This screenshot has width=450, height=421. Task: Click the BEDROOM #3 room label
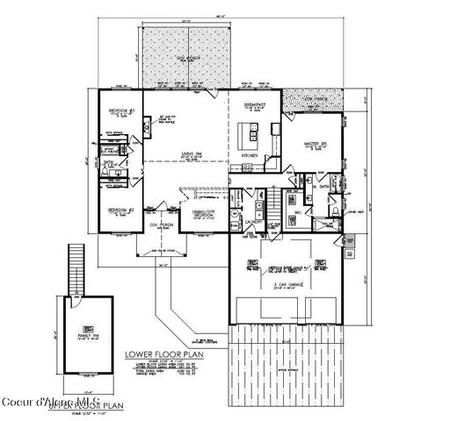[x=120, y=111]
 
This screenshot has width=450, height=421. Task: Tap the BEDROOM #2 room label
[x=120, y=211]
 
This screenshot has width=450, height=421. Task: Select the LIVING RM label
[x=181, y=154]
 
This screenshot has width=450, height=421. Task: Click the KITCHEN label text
[x=250, y=155]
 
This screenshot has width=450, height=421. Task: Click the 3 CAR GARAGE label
[x=287, y=283]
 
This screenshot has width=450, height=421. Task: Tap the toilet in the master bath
[x=337, y=212]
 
